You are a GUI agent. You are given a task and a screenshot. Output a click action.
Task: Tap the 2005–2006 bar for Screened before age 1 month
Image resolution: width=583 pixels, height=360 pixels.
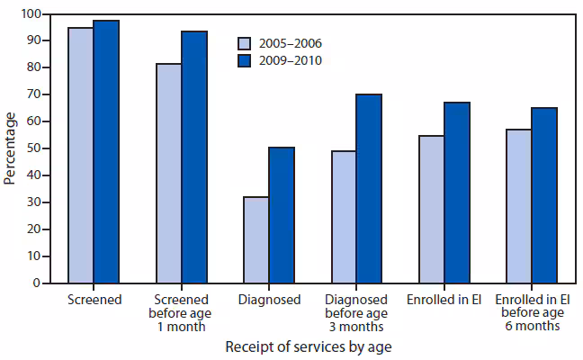(168, 173)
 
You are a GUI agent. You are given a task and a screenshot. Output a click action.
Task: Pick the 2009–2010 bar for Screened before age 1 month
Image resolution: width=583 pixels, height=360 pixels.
(193, 157)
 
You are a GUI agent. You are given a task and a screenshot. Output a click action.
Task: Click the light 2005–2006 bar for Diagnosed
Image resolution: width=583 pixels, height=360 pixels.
(256, 239)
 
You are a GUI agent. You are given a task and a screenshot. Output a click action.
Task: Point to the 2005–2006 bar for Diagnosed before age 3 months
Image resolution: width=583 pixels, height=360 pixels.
(343, 217)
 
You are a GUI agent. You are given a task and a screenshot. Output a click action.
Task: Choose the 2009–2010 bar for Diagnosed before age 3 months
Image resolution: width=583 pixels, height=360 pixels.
(368, 188)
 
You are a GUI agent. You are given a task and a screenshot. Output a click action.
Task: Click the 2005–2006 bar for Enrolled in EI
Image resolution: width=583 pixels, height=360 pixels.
(431, 209)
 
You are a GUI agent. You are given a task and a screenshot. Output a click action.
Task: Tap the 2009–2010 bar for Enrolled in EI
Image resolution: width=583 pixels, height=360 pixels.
(456, 193)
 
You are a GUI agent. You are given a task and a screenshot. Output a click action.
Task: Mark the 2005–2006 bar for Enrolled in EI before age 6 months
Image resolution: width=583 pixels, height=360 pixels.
(518, 206)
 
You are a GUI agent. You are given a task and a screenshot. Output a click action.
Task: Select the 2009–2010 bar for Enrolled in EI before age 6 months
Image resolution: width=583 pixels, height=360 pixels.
(543, 195)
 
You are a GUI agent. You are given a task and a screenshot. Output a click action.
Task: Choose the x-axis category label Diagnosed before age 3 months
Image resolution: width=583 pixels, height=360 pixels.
(355, 312)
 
